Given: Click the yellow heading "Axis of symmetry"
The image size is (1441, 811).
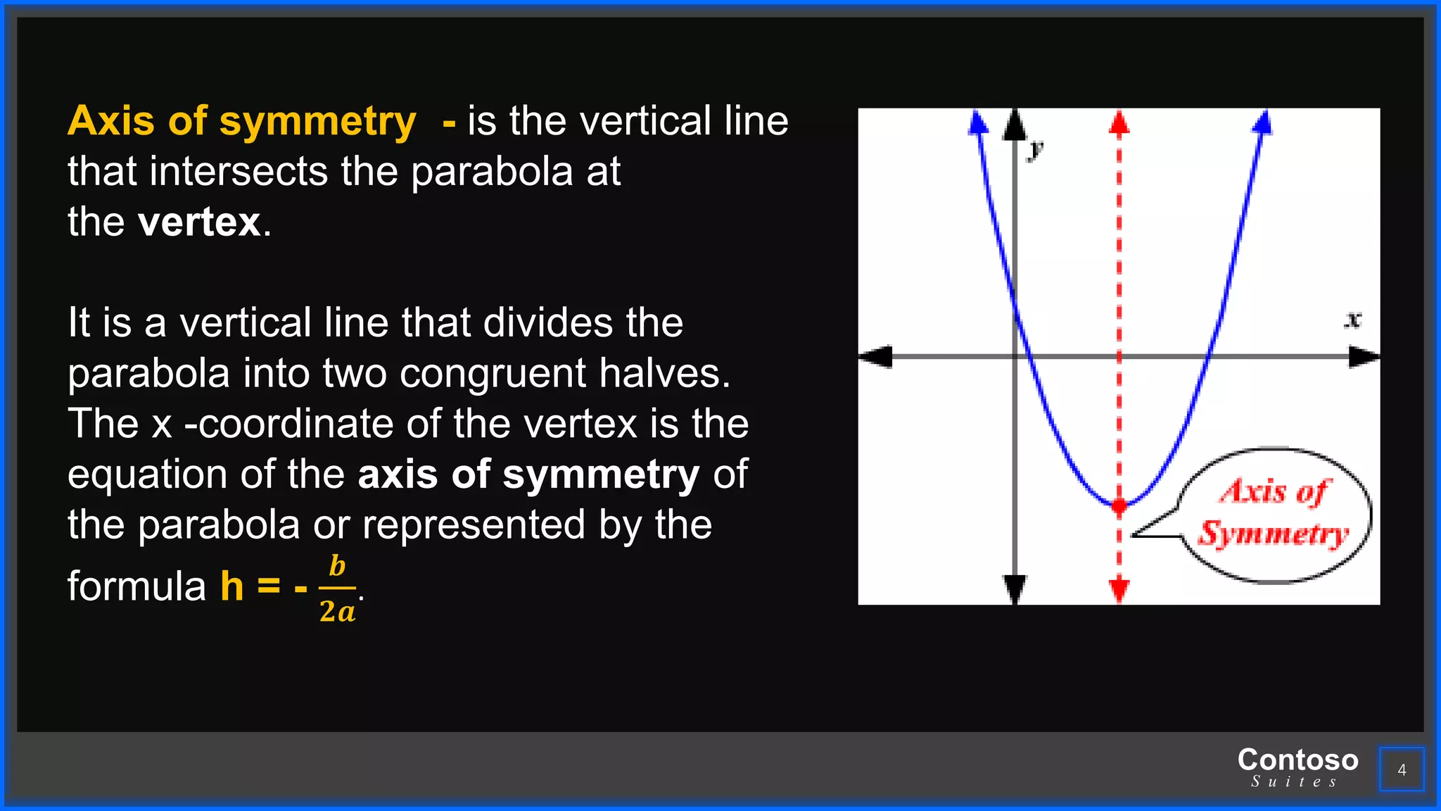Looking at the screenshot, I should [x=241, y=121].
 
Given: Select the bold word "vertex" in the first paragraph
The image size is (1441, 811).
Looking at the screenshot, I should [x=200, y=222].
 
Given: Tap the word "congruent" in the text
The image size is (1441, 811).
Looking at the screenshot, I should [x=493, y=373].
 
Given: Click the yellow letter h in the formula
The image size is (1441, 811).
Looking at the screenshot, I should [x=232, y=586].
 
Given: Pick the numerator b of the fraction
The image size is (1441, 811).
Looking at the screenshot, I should [x=338, y=566].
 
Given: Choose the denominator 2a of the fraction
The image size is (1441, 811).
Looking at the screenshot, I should [x=338, y=611].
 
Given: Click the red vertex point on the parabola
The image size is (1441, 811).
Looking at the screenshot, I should [x=1119, y=505].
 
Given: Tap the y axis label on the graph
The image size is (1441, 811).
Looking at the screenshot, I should [x=1035, y=150].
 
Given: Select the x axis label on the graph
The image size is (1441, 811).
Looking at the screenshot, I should [x=1352, y=320].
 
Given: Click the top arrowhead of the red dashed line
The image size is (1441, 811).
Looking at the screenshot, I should [x=1119, y=122].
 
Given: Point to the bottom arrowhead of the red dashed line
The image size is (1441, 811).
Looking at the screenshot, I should [x=1119, y=590].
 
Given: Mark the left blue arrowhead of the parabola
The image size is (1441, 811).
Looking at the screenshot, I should [x=977, y=122].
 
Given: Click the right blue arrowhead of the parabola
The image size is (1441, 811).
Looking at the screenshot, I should [x=1264, y=122].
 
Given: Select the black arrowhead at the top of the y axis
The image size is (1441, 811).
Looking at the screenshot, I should [x=1014, y=125].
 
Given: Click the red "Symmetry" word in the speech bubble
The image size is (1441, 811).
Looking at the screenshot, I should [x=1274, y=534].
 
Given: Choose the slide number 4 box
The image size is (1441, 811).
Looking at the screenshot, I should [x=1402, y=769].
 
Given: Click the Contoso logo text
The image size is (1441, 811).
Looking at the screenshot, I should [x=1297, y=760].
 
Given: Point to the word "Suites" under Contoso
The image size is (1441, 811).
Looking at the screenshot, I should [x=1294, y=781].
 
